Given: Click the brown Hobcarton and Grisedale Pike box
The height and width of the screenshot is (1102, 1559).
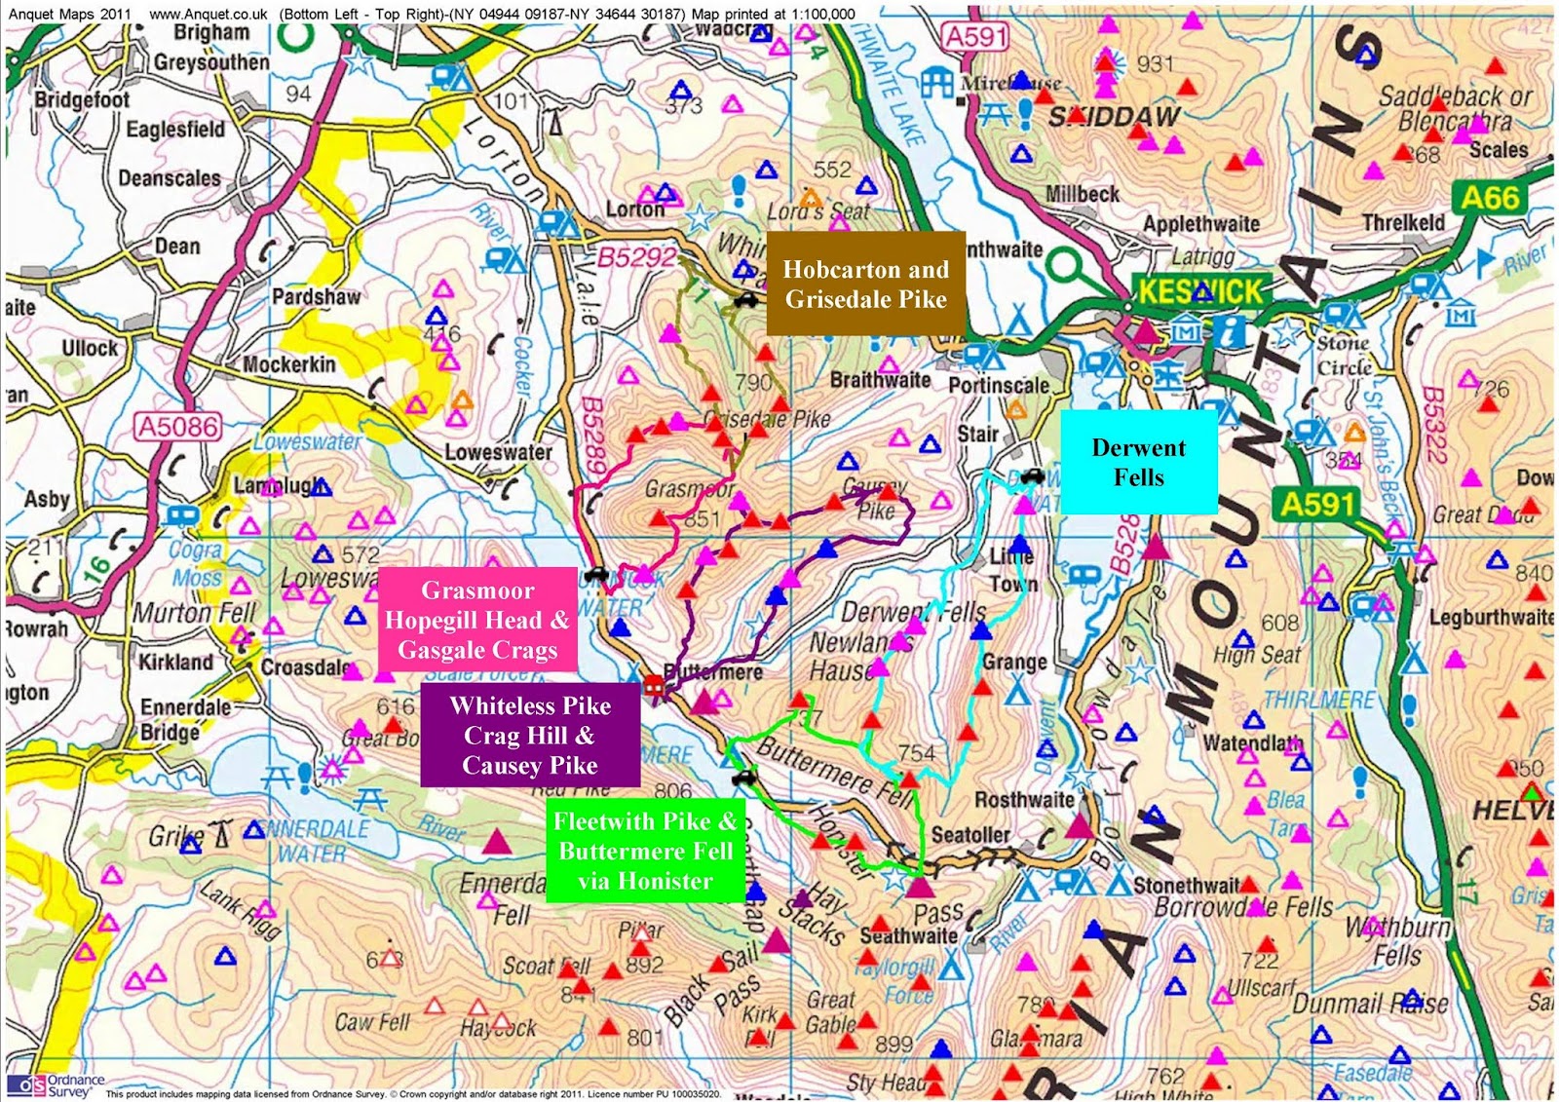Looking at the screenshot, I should click(x=865, y=284).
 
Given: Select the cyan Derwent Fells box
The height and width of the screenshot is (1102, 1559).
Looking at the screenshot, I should click(x=1138, y=462).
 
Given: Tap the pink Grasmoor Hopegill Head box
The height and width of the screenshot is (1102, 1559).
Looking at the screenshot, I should click(x=477, y=620).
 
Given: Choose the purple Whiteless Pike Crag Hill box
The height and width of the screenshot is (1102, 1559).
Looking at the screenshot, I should click(x=530, y=735).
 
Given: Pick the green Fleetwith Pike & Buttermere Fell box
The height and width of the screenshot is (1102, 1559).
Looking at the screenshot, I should click(x=645, y=851).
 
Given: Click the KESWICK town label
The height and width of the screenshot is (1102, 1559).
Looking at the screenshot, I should click(x=1199, y=290).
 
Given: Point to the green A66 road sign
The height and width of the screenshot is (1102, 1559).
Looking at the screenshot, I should click(x=1490, y=198).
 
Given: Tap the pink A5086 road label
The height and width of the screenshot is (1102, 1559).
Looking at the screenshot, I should click(x=178, y=426).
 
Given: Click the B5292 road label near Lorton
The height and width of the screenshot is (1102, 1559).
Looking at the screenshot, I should click(x=636, y=256).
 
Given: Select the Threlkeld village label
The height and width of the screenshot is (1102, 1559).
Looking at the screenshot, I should click(x=1403, y=222).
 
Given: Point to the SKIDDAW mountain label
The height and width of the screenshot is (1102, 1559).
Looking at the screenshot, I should click(x=1114, y=117).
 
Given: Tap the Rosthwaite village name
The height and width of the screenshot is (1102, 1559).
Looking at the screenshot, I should click(x=1023, y=799).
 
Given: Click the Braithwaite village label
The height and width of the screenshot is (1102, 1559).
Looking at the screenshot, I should click(x=880, y=380).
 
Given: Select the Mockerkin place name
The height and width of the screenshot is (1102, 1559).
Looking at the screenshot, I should click(x=288, y=364).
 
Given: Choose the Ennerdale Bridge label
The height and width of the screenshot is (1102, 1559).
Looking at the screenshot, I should click(x=185, y=719).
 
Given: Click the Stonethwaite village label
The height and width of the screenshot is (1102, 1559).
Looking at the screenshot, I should click(x=1186, y=885).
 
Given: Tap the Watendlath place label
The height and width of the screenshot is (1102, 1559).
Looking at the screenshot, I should click(x=1252, y=743).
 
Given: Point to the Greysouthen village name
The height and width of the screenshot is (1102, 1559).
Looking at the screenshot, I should click(x=211, y=62).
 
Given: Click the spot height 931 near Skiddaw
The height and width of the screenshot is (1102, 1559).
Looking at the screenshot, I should click(x=1155, y=64).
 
